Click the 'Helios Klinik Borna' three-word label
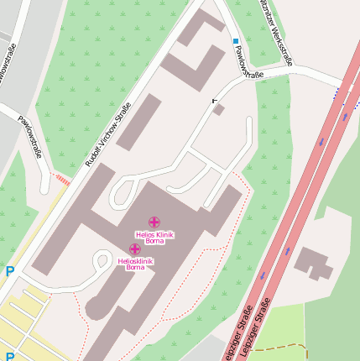(x=154, y=237)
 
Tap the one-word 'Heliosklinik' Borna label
(x=134, y=261)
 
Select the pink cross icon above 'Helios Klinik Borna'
(x=154, y=222)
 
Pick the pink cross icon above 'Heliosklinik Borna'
(x=134, y=249)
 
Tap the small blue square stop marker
(x=236, y=40)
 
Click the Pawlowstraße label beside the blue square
(x=249, y=63)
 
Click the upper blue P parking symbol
(x=10, y=271)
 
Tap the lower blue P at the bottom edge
(x=10, y=356)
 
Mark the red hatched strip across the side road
(x=63, y=179)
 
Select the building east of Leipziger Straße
(x=313, y=263)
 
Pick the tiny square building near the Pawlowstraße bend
(x=219, y=109)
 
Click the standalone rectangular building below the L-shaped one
(x=139, y=122)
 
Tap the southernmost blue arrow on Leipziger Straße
(x=263, y=275)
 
